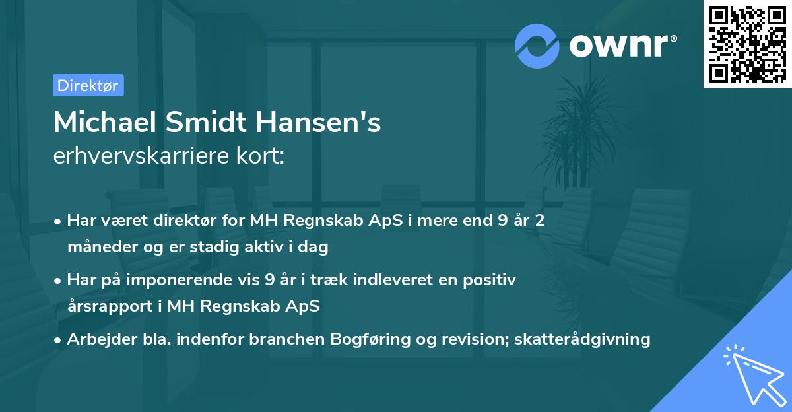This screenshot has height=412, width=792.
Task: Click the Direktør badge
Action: pos(88,85)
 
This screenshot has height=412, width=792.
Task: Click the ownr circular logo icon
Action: pos(537,46)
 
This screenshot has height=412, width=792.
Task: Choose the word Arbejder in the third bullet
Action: pos(96,339)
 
